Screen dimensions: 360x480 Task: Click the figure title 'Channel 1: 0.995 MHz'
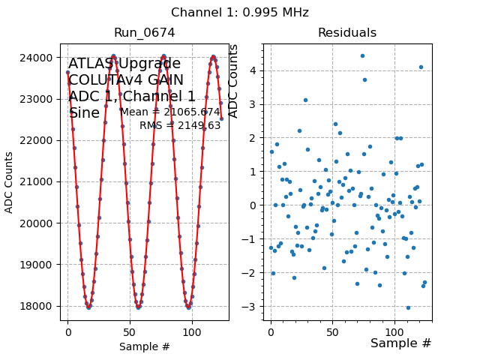(239, 13)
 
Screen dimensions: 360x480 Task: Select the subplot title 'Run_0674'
(144, 33)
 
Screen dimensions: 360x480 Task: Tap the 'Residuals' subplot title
(346, 33)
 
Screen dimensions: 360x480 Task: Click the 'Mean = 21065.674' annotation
(170, 112)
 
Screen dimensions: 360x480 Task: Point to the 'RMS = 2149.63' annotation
(180, 125)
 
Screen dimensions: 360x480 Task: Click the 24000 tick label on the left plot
(40, 58)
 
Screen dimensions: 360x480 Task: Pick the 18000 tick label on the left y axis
(40, 306)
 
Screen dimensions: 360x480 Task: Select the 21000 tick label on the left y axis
(40, 181)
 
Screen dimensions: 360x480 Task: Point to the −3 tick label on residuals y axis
(252, 307)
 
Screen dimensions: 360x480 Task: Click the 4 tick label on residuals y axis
(255, 70)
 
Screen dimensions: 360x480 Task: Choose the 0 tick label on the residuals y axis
(255, 205)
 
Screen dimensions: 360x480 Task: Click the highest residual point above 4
(362, 55)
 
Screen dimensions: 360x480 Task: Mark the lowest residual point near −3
(408, 307)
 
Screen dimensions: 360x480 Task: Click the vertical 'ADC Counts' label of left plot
(9, 182)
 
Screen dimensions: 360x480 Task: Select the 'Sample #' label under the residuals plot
(400, 343)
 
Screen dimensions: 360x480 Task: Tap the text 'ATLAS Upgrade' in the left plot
(124, 64)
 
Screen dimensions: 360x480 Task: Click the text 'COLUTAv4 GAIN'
(125, 80)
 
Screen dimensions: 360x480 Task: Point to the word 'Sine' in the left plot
(84, 113)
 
